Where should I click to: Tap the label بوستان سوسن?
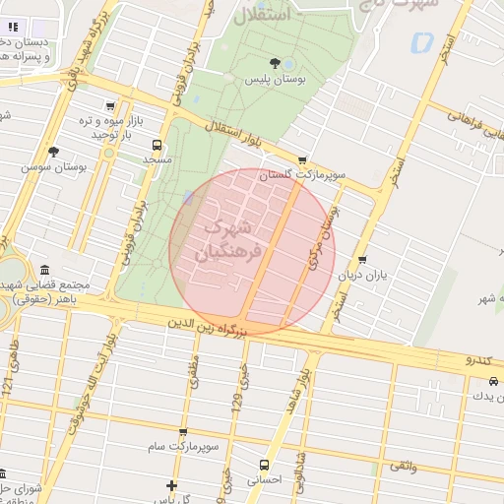click(x=56, y=167)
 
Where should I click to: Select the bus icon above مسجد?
click(x=157, y=144)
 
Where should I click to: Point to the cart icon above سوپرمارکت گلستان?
click(x=301, y=160)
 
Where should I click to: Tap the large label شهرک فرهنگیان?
click(x=227, y=239)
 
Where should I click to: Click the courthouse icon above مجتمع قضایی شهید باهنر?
click(x=44, y=271)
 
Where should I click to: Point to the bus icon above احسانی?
click(x=264, y=464)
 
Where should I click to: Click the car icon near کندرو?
click(x=495, y=380)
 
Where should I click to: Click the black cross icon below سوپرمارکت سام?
click(x=171, y=485)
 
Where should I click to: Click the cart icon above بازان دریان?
click(x=363, y=261)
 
